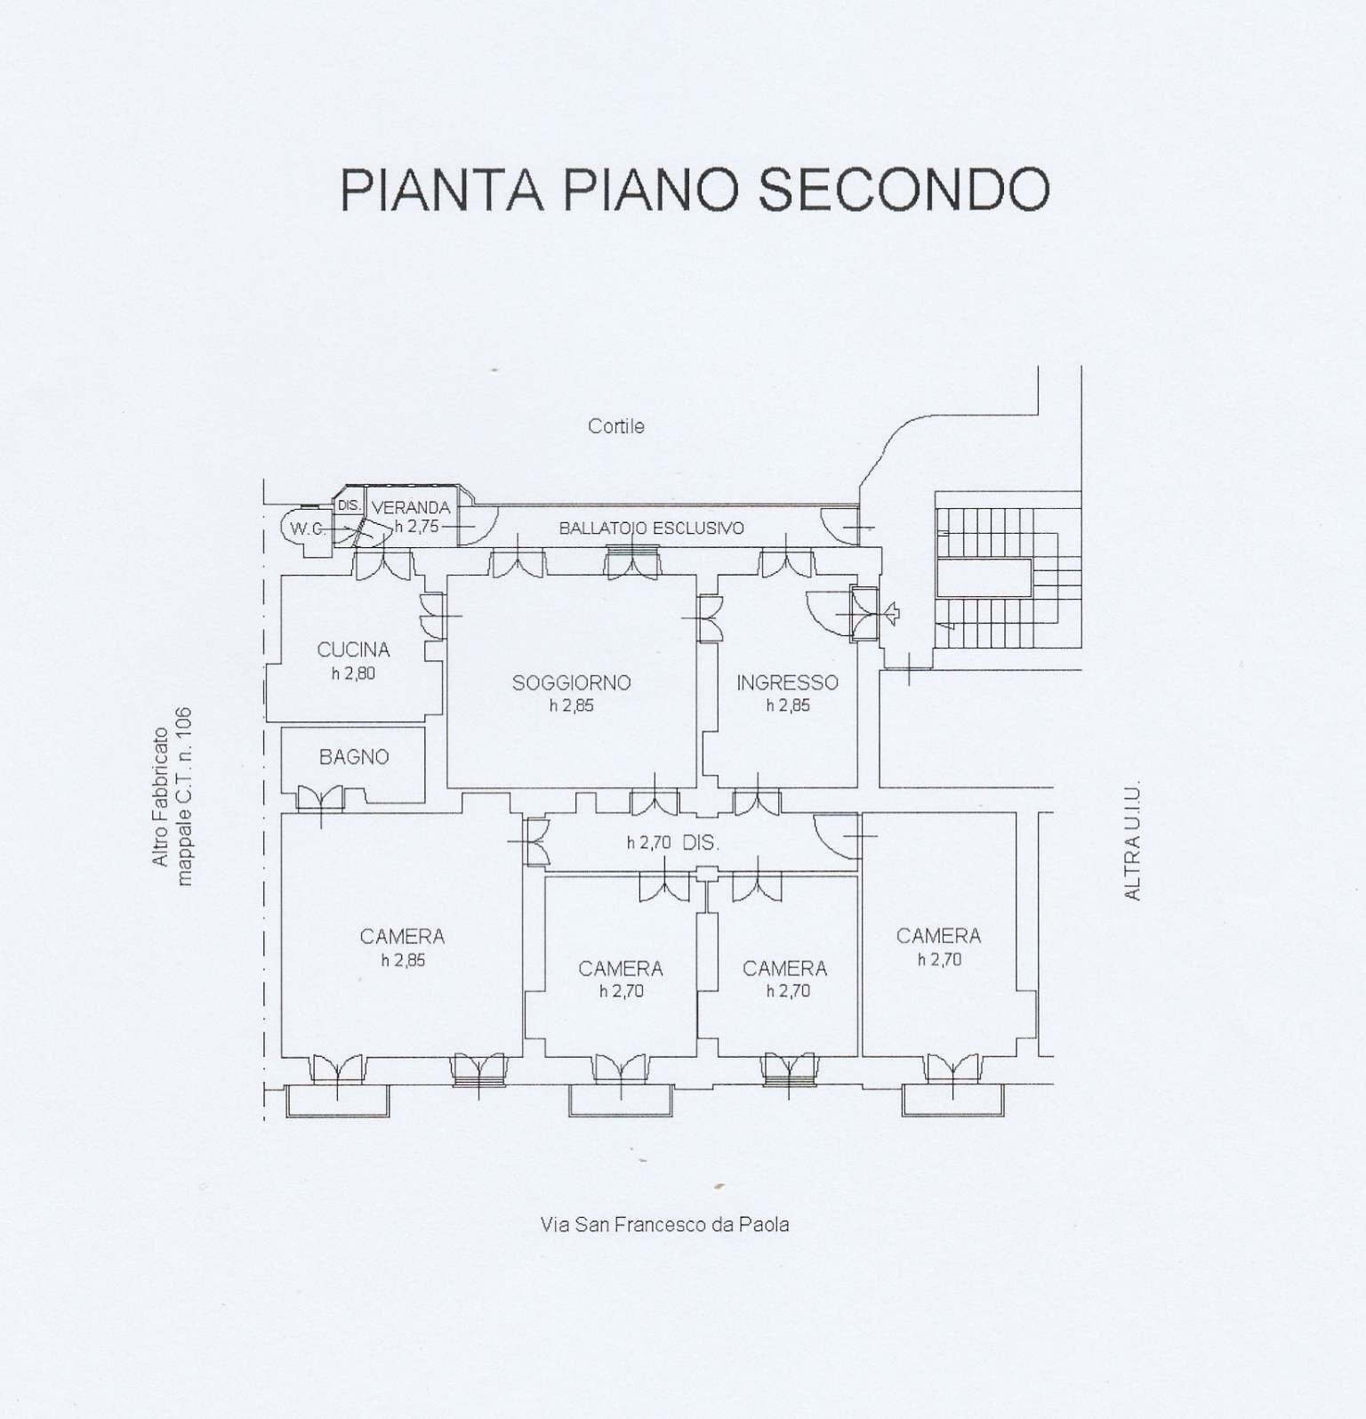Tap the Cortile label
point(615,426)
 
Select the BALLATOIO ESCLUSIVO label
point(651,528)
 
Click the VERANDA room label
point(411,508)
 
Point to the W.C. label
point(306,528)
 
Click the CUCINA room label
point(353,650)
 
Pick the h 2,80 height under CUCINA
point(353,673)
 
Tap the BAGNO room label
point(354,757)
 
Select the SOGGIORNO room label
point(571,683)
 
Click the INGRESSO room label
point(787,683)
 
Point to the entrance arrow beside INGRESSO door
point(891,612)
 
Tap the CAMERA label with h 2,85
point(402,937)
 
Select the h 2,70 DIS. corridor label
point(672,843)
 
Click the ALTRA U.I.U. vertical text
point(1132,841)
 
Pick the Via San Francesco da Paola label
point(664,1225)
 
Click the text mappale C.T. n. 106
point(185,796)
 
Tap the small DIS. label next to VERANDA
point(349,505)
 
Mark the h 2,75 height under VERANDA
point(416,527)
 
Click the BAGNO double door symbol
point(319,798)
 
